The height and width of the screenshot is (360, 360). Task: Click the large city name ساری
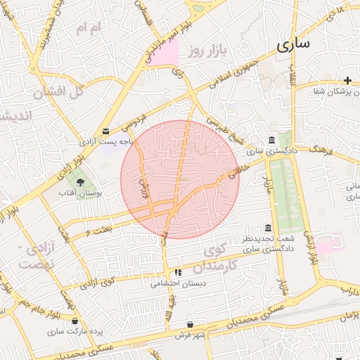point(292,46)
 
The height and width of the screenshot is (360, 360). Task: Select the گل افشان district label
point(58,91)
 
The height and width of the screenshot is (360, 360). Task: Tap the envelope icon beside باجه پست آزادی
point(105,131)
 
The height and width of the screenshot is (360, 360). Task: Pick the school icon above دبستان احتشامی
point(178,272)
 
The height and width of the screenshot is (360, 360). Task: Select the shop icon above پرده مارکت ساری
point(75,321)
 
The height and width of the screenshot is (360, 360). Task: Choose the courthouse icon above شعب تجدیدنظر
point(268,228)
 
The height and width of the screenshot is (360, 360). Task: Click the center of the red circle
point(180,179)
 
